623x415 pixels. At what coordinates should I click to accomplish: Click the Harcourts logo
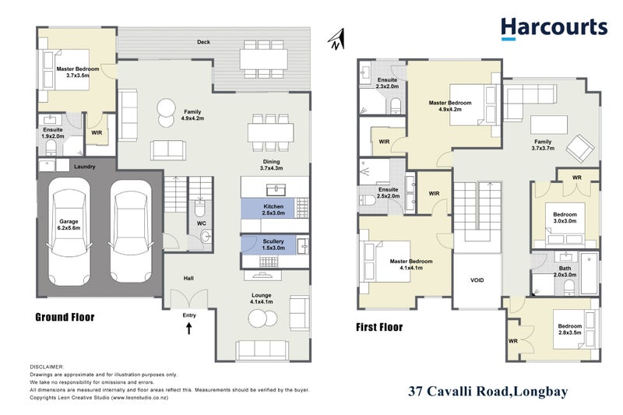tap(553, 28)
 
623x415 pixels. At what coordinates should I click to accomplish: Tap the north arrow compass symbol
tap(336, 39)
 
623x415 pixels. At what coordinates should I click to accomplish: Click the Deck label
tap(204, 42)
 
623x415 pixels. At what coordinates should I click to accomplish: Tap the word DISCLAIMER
tap(47, 366)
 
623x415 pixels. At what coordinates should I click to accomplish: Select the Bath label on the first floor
tap(565, 270)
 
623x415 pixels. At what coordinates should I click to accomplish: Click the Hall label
tap(188, 278)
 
